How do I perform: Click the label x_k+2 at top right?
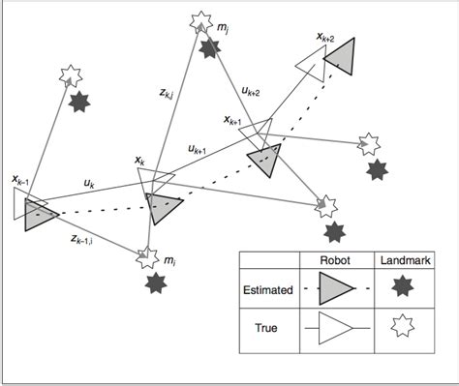pos(324,39)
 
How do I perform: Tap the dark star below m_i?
pos(154,283)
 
